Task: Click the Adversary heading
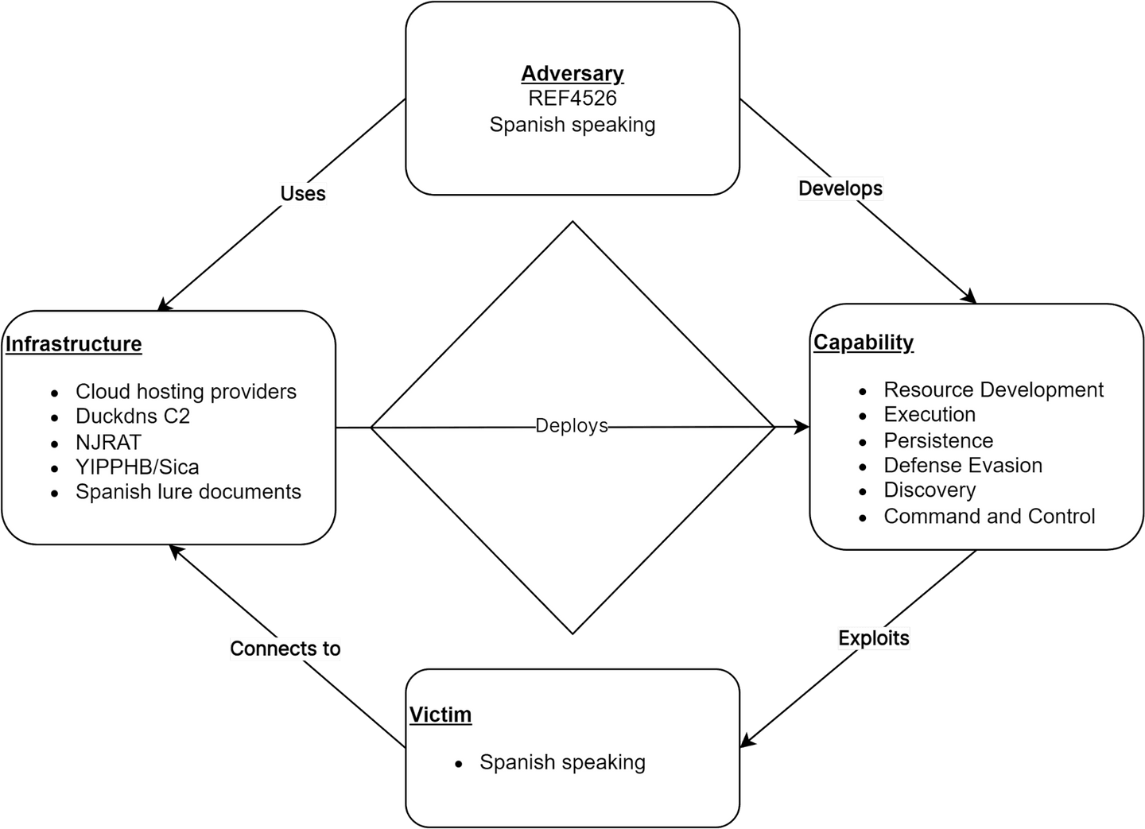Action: [572, 73]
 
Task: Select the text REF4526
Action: [572, 99]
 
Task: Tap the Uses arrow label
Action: [303, 193]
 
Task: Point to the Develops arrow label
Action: [840, 188]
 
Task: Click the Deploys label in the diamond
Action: [571, 426]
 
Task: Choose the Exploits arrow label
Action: [874, 638]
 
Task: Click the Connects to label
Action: [285, 649]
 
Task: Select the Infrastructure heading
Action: [74, 344]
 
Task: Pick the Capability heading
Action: [864, 343]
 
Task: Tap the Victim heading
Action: [441, 715]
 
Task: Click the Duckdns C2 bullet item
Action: [133, 416]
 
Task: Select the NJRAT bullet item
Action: [108, 442]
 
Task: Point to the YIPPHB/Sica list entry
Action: [138, 467]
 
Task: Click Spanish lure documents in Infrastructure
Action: [188, 492]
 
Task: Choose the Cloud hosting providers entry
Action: [186, 392]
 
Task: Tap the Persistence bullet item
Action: [938, 441]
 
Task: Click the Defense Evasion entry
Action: [963, 466]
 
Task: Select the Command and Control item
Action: [989, 517]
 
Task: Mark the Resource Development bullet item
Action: [994, 390]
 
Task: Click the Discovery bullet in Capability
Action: [930, 490]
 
